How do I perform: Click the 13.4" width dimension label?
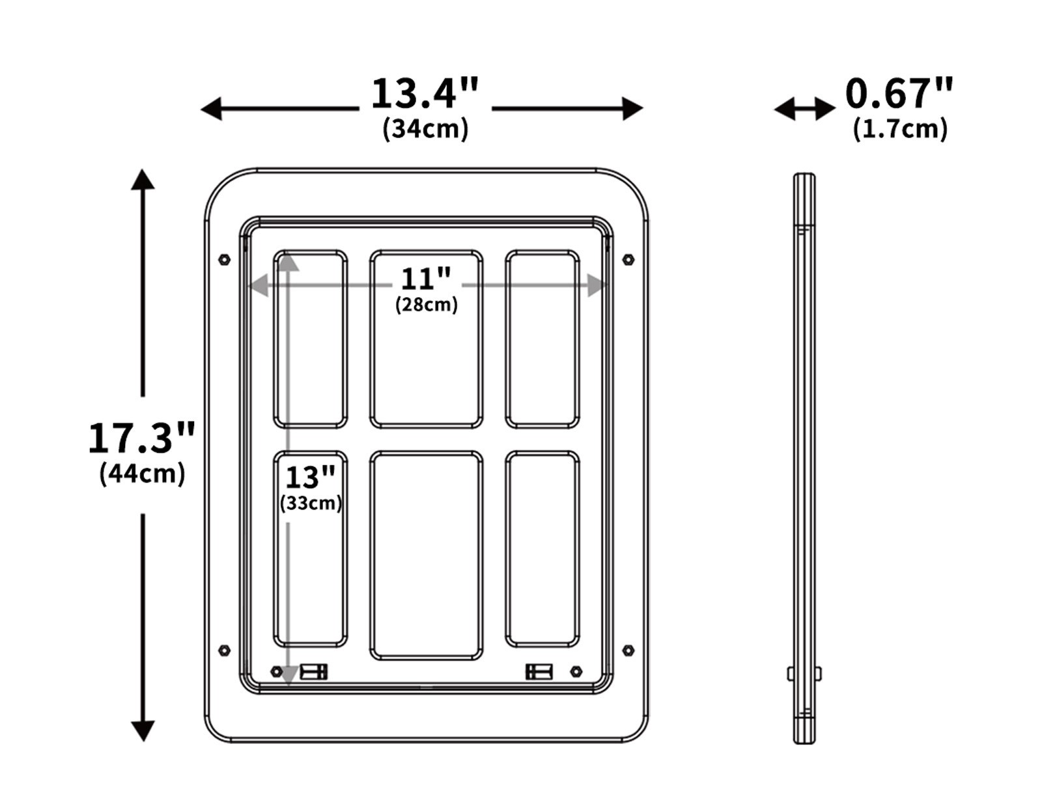pos(425,94)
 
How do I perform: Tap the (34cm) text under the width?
pos(425,128)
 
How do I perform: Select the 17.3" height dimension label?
pos(141,438)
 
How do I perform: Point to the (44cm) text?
pos(142,474)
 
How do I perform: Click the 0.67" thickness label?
pos(899,93)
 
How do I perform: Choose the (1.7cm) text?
pos(900,129)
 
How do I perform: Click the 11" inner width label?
pos(425,279)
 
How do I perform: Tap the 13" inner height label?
pos(310,478)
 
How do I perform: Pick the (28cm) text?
pos(426,304)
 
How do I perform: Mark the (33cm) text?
pos(311,503)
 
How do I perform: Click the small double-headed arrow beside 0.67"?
pos(804,109)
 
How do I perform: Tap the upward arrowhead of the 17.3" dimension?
pos(143,179)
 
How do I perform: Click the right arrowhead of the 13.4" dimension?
pos(632,109)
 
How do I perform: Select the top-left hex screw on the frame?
pos(224,259)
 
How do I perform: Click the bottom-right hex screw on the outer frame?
pos(628,650)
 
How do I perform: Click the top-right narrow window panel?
pos(542,339)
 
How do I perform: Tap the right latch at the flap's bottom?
pos(539,671)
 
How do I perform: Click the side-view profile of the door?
pos(804,456)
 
